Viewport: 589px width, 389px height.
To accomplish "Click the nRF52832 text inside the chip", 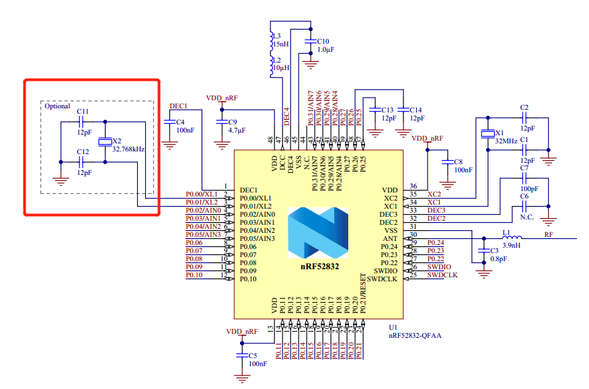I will [x=319, y=267].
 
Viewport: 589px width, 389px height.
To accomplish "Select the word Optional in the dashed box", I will [x=57, y=106].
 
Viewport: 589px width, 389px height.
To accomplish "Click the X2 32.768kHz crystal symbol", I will [x=105, y=142].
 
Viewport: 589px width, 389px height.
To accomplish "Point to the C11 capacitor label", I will [x=83, y=111].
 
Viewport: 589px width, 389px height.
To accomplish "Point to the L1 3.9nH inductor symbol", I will [x=508, y=239].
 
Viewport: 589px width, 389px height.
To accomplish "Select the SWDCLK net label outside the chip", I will [x=442, y=275].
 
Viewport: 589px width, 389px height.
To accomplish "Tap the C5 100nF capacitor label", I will [x=253, y=355].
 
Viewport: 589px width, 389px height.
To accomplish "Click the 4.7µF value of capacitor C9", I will [x=237, y=130].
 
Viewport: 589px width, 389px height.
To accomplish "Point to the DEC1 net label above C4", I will [x=178, y=106].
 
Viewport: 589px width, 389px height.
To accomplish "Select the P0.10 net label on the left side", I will [x=194, y=275].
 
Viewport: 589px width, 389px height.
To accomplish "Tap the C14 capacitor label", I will [x=416, y=109].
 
